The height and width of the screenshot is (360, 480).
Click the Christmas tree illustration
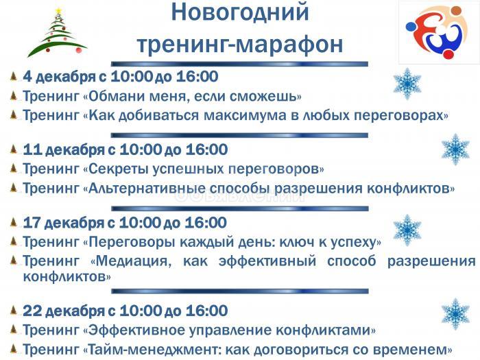[x=57, y=34]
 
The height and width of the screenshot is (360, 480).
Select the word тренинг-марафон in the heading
[x=239, y=43]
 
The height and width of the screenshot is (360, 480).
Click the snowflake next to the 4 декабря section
[x=407, y=84]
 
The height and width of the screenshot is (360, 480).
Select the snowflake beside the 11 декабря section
[x=455, y=149]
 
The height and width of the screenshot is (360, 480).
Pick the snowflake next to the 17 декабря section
[x=407, y=230]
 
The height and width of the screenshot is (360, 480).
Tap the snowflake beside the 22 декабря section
[x=455, y=313]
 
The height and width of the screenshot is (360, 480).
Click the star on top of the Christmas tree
[x=58, y=10]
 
